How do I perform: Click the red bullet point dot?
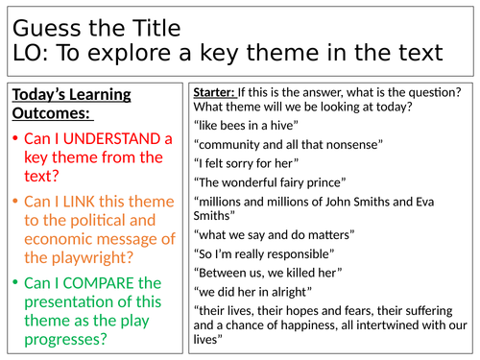point(14,138)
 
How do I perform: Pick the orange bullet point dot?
point(14,202)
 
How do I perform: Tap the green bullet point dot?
point(14,283)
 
